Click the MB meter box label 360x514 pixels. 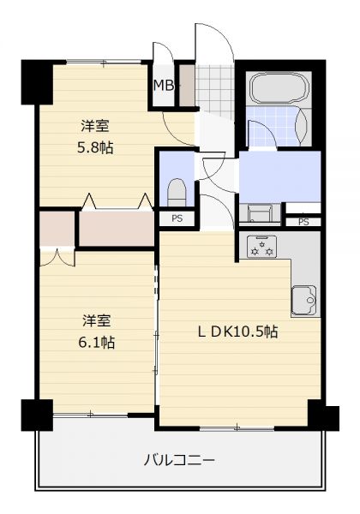163,86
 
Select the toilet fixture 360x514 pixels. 177,193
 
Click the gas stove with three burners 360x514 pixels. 262,246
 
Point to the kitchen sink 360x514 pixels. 303,301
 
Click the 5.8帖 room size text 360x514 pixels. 95,148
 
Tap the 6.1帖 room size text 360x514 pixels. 96,343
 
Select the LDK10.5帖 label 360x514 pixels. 237,332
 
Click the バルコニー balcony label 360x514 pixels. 179,460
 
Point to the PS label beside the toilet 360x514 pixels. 177,218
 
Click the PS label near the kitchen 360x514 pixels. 303,222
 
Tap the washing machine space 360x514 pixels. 260,213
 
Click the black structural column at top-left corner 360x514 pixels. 37,82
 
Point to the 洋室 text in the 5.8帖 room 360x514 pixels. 95,126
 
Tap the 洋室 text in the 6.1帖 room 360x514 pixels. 96,321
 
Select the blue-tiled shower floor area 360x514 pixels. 272,126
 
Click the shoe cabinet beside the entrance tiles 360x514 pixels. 187,86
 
